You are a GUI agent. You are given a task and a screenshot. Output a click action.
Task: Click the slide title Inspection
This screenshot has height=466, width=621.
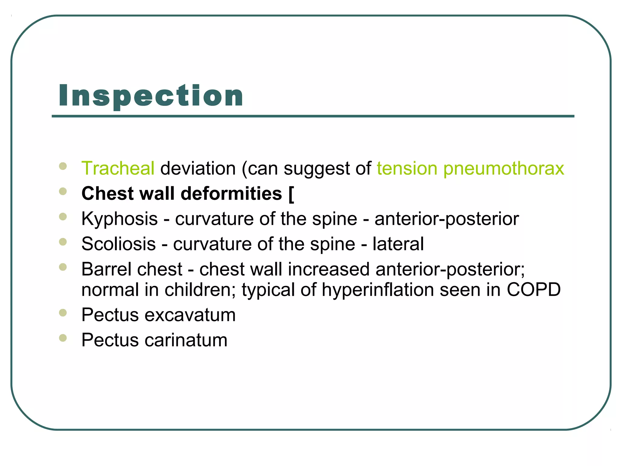click(151, 96)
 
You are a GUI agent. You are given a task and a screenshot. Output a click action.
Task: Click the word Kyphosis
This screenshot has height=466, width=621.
click(119, 219)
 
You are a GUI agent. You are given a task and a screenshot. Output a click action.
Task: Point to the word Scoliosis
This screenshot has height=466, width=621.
click(119, 244)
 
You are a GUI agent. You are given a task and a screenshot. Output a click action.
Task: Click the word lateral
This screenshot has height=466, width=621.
click(398, 244)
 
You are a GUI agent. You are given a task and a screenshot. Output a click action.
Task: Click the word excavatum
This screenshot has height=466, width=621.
click(190, 315)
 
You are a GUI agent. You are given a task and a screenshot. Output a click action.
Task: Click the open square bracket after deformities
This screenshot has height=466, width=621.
click(291, 194)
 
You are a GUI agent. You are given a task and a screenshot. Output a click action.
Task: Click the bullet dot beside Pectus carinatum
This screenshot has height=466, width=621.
click(63, 338)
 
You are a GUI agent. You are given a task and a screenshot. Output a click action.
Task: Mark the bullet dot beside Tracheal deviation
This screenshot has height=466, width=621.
click(63, 166)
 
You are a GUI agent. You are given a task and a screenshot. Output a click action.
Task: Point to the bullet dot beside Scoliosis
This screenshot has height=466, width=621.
click(63, 242)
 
